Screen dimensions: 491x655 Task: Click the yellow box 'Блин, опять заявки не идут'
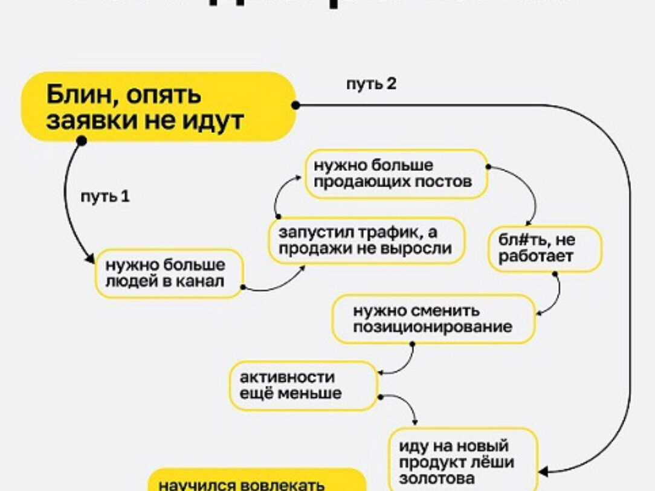(158, 107)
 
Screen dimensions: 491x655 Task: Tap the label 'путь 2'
(371, 84)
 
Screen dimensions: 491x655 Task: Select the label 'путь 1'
(105, 197)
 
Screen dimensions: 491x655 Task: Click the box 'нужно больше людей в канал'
(169, 273)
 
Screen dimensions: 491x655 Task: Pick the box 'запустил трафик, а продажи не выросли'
(367, 240)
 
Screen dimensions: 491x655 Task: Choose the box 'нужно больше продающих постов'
(396, 174)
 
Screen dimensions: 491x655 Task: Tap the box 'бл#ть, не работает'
(544, 248)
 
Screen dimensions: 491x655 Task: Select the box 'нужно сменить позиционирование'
(433, 319)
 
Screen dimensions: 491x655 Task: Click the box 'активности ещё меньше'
(302, 385)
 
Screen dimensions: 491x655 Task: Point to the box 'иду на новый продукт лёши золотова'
(463, 461)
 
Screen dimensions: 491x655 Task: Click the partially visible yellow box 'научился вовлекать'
(257, 483)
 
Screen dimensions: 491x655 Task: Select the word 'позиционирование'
(433, 327)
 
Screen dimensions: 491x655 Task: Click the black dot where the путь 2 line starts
(295, 105)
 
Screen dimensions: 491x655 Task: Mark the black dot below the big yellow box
(82, 141)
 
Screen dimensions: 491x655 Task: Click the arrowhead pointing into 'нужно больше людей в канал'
(91, 260)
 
